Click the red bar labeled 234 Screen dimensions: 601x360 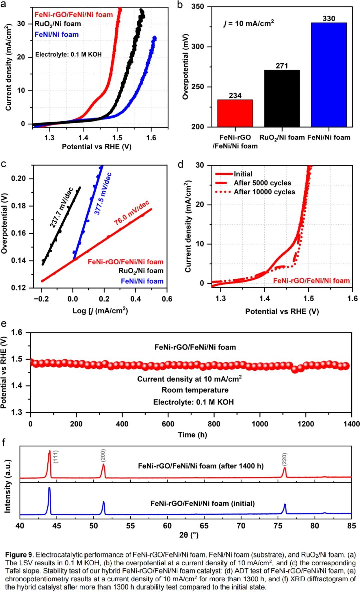coord(235,113)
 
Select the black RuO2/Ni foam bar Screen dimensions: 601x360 coord(282,98)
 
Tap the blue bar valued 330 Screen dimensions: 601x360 coord(329,75)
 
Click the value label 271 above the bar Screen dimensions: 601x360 coord(282,66)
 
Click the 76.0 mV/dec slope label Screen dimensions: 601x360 coord(132,213)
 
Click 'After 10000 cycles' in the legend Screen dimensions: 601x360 coord(264,192)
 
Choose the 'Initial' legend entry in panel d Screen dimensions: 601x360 coord(243,174)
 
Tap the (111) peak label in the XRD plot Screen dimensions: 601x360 coord(56,457)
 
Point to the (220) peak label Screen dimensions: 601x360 coord(284,459)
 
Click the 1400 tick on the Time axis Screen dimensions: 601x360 coord(351,424)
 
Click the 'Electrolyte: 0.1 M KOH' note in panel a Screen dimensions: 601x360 coord(68,54)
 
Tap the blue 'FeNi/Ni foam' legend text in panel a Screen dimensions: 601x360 coord(57,34)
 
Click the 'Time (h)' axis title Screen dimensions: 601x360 coord(192,434)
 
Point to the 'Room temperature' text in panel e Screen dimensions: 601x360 coord(195,390)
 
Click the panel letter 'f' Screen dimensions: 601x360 coord(4,442)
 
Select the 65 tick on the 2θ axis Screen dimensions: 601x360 coord(204,526)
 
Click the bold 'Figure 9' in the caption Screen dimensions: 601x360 coord(19,555)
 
